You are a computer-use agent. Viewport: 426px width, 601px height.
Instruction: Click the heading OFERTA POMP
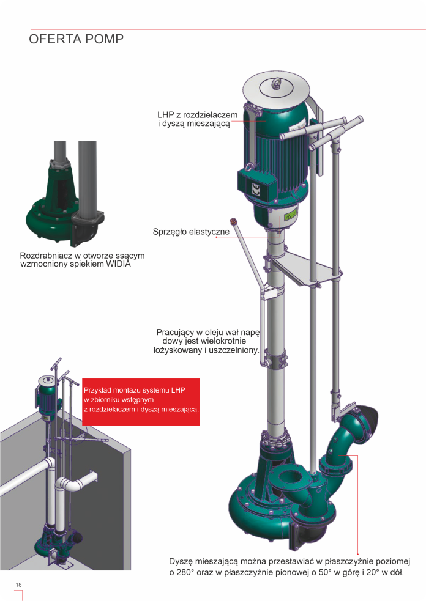click(76, 39)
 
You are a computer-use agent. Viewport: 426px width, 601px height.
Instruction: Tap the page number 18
click(19, 585)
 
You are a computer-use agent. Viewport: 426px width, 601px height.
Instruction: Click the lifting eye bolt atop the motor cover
click(275, 84)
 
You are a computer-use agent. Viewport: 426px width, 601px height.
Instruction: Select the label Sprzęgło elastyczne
click(191, 232)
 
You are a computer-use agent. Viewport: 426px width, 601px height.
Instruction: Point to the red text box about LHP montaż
click(141, 402)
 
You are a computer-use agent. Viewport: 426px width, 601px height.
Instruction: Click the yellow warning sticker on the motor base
click(290, 216)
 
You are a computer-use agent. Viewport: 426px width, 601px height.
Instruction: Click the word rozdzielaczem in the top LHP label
click(211, 115)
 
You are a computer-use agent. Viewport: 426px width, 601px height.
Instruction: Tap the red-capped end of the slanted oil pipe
click(232, 221)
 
